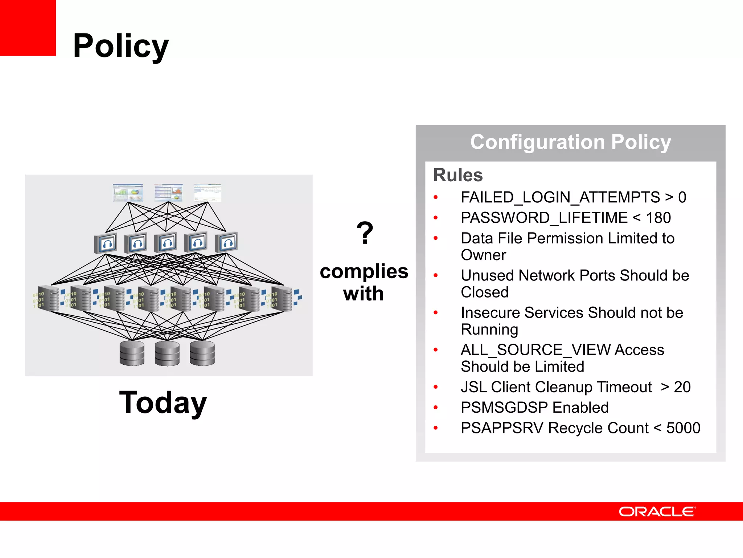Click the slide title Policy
coord(121,46)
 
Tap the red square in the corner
coord(28,28)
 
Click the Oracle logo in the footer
coord(657,511)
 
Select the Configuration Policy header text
coord(570,142)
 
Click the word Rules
coord(458,175)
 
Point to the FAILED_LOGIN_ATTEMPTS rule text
coord(560,197)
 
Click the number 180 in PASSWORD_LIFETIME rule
coord(658,218)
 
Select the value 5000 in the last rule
coord(683,428)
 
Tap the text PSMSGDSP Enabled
coord(534,408)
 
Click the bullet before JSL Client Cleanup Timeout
coord(436,387)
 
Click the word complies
coord(364,271)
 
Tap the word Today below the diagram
coord(163,403)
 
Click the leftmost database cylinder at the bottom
coord(132,353)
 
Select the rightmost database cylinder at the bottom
coord(202,353)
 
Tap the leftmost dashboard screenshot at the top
coord(128,193)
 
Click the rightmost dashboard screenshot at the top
coord(208,193)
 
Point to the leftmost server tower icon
coord(51,299)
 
